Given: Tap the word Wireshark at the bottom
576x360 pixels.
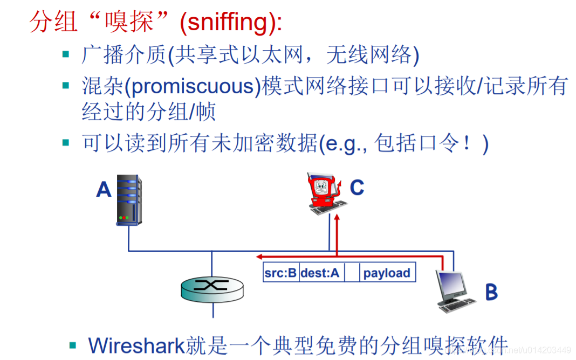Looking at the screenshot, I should pos(136,345).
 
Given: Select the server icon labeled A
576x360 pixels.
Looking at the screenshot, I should pos(129,200).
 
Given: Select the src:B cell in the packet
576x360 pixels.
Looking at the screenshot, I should pos(280,273).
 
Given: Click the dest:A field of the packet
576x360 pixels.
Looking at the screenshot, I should pos(320,273).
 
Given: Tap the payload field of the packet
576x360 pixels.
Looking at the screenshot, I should pos(386,273).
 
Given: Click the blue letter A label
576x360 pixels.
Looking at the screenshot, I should pos(104,189).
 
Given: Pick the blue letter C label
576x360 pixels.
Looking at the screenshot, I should pos(356,188).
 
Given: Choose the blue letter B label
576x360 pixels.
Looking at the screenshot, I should pos(491,292).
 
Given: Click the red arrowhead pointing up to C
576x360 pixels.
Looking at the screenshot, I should pos(336,217).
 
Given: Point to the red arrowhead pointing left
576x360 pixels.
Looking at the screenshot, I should pos(259,256).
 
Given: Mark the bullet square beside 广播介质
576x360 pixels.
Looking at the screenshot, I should pos(66,54).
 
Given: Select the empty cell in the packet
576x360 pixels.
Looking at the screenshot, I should pos(352,273).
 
